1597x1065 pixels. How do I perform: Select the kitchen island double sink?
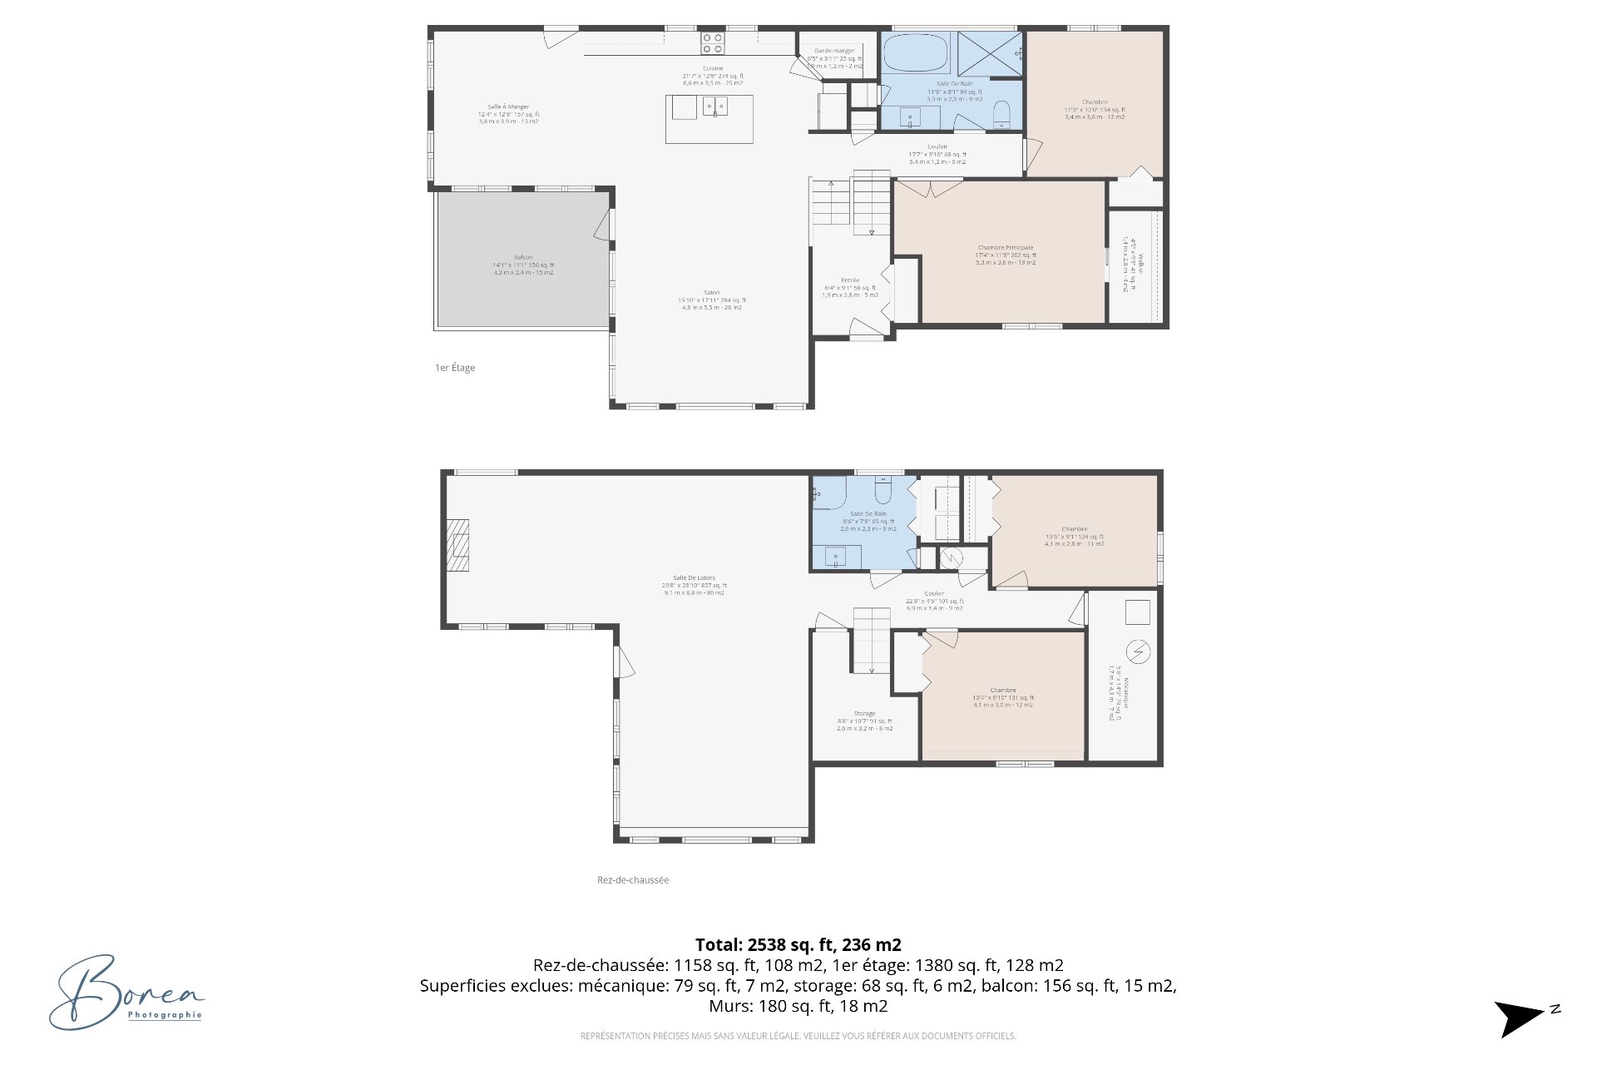point(715,106)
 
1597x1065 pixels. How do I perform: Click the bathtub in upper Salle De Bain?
point(915,52)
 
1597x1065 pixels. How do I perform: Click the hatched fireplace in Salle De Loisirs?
point(457,545)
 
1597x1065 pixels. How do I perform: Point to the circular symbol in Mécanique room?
point(1138,651)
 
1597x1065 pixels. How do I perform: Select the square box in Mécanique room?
point(1137,612)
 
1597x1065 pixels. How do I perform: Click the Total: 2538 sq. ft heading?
point(798,945)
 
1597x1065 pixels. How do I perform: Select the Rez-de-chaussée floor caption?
point(632,880)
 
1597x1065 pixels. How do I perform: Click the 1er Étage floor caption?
point(455,368)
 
